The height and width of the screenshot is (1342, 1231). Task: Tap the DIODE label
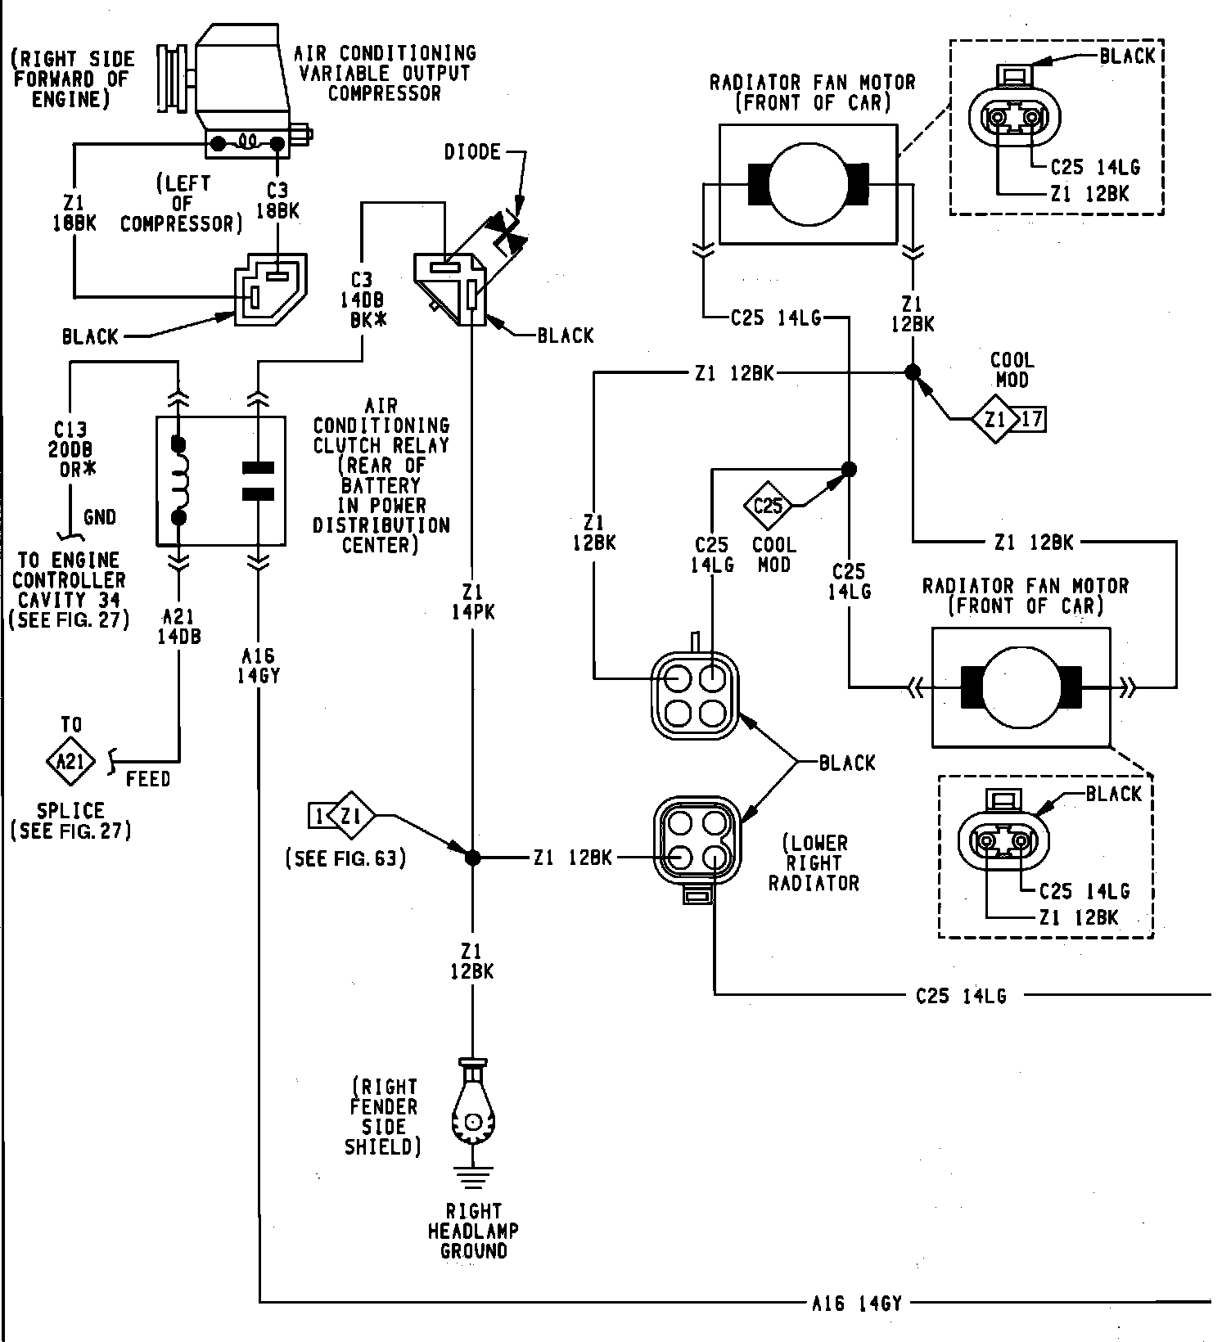tap(472, 152)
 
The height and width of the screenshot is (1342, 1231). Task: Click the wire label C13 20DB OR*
tap(71, 450)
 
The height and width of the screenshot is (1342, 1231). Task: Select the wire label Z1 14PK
tap(472, 601)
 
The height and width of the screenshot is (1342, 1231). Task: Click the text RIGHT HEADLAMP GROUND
tap(473, 1231)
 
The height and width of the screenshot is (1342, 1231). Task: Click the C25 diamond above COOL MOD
tap(768, 506)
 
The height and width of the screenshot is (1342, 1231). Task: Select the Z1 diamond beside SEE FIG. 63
tap(351, 815)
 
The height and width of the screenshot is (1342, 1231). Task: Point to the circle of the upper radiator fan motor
tap(807, 184)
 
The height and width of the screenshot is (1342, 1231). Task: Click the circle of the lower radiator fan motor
tap(1021, 688)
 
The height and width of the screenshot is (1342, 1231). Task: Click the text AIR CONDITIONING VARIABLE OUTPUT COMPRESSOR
tap(385, 74)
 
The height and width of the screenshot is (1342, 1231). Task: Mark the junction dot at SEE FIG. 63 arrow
tap(472, 858)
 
